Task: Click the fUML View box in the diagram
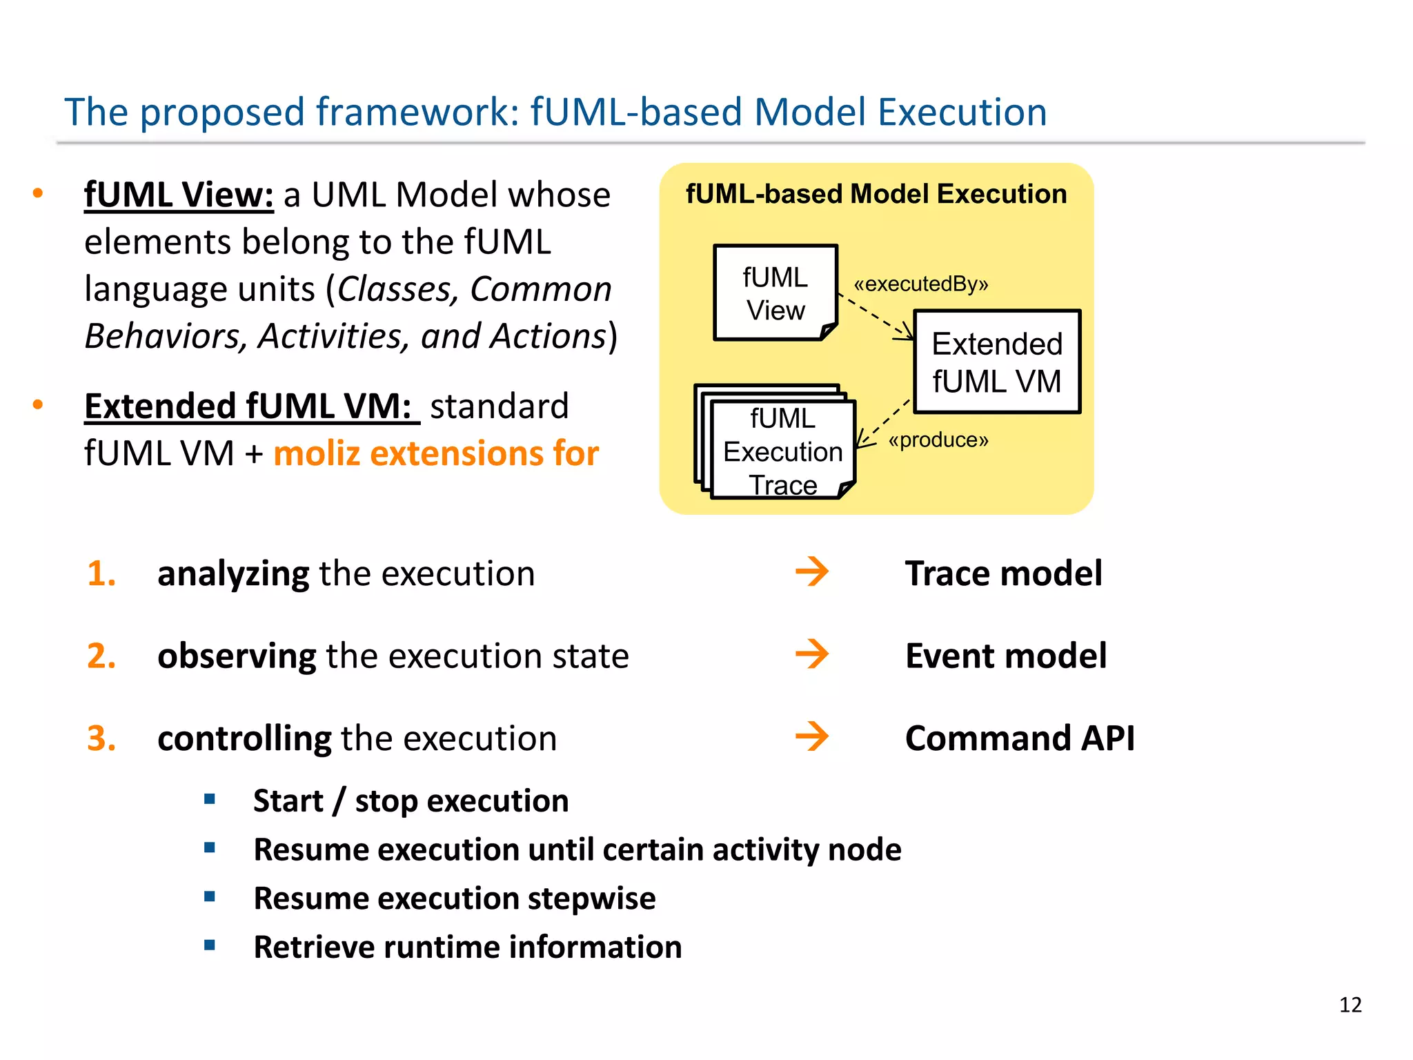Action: tap(775, 293)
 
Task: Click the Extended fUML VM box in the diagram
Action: tap(996, 362)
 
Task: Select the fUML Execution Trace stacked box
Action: tap(782, 451)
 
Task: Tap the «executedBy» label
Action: tap(920, 284)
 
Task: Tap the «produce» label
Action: tap(938, 440)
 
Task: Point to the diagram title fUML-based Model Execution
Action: tap(876, 194)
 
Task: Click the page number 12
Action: tap(1350, 1004)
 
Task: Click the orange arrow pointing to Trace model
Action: tap(811, 572)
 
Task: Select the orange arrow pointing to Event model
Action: tap(811, 654)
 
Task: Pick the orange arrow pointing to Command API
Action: tap(811, 736)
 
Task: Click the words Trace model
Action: tap(1003, 573)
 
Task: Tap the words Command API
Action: tap(1019, 738)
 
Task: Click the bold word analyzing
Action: tap(233, 574)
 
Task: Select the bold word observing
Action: tap(237, 656)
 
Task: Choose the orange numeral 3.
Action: tap(101, 738)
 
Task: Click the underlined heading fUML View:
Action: tap(179, 195)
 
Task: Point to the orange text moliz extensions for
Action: tap(436, 453)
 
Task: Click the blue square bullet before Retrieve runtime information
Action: tap(210, 945)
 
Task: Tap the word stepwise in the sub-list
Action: tap(591, 899)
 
